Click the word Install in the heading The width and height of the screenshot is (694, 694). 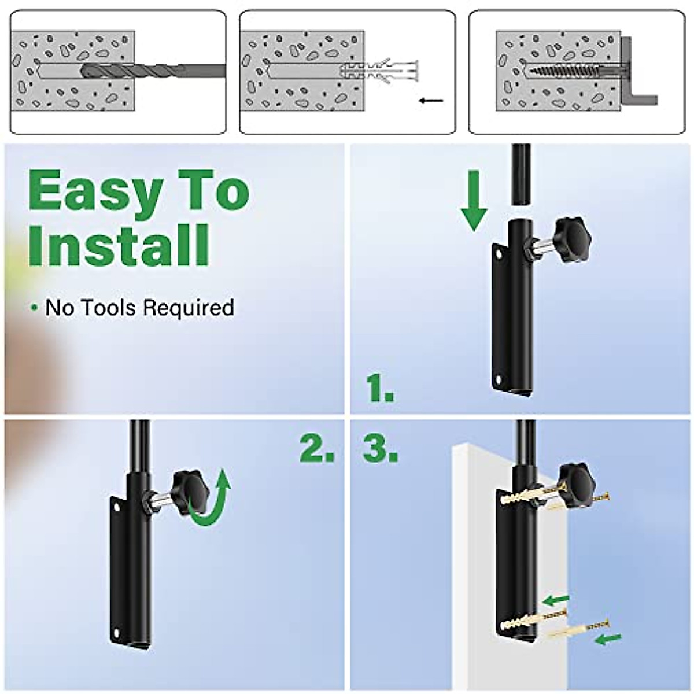pos(119,245)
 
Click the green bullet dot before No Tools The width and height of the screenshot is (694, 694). pos(35,308)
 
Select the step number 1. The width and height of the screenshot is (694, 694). pos(380,388)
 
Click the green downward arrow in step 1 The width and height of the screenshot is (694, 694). pos(475,201)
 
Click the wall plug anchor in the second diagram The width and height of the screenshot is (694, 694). pos(379,71)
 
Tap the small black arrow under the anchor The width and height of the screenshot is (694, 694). pos(431,101)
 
